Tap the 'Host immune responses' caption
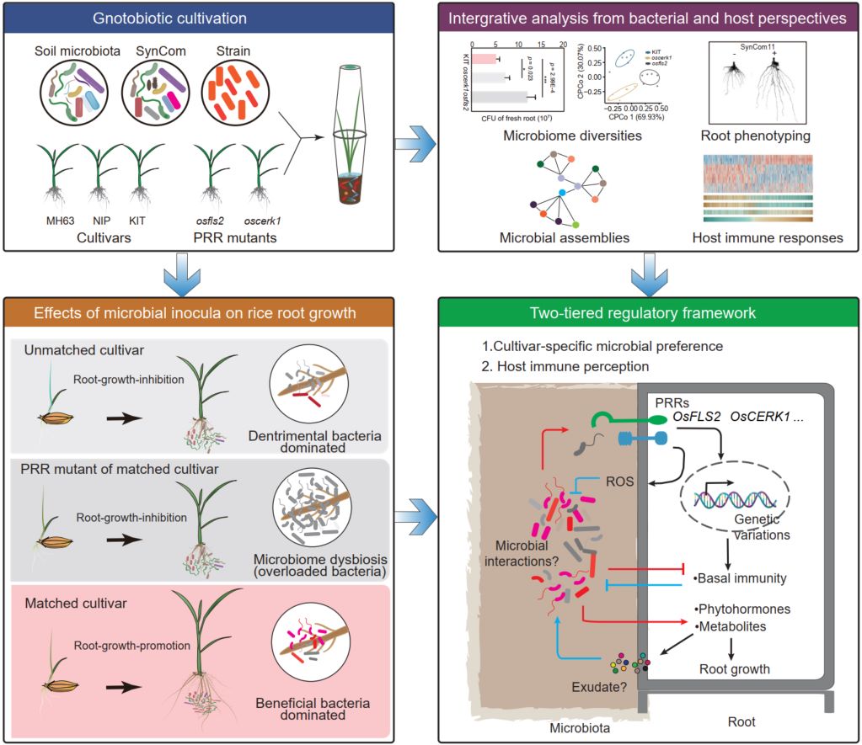pos(768,237)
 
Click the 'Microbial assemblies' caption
pos(564,237)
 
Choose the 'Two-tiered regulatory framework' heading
pos(642,313)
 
